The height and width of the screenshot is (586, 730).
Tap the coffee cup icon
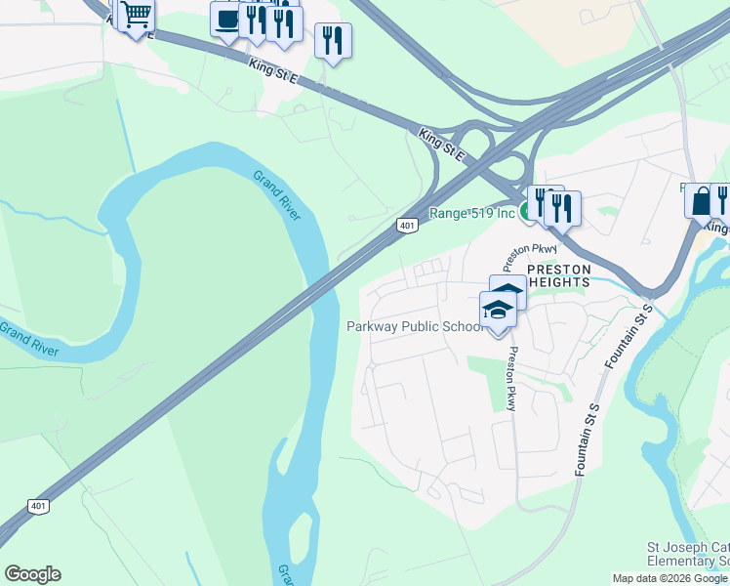point(228,20)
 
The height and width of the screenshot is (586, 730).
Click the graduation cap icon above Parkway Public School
point(498,311)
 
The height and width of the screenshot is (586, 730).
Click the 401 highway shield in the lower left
point(37,506)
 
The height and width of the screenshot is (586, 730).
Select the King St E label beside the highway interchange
point(442,144)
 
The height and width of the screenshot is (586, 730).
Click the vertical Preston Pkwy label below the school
point(509,381)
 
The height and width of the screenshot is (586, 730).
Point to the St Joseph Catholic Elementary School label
point(688,554)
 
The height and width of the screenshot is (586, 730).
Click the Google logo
point(32,574)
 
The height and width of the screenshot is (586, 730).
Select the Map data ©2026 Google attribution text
point(669,578)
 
